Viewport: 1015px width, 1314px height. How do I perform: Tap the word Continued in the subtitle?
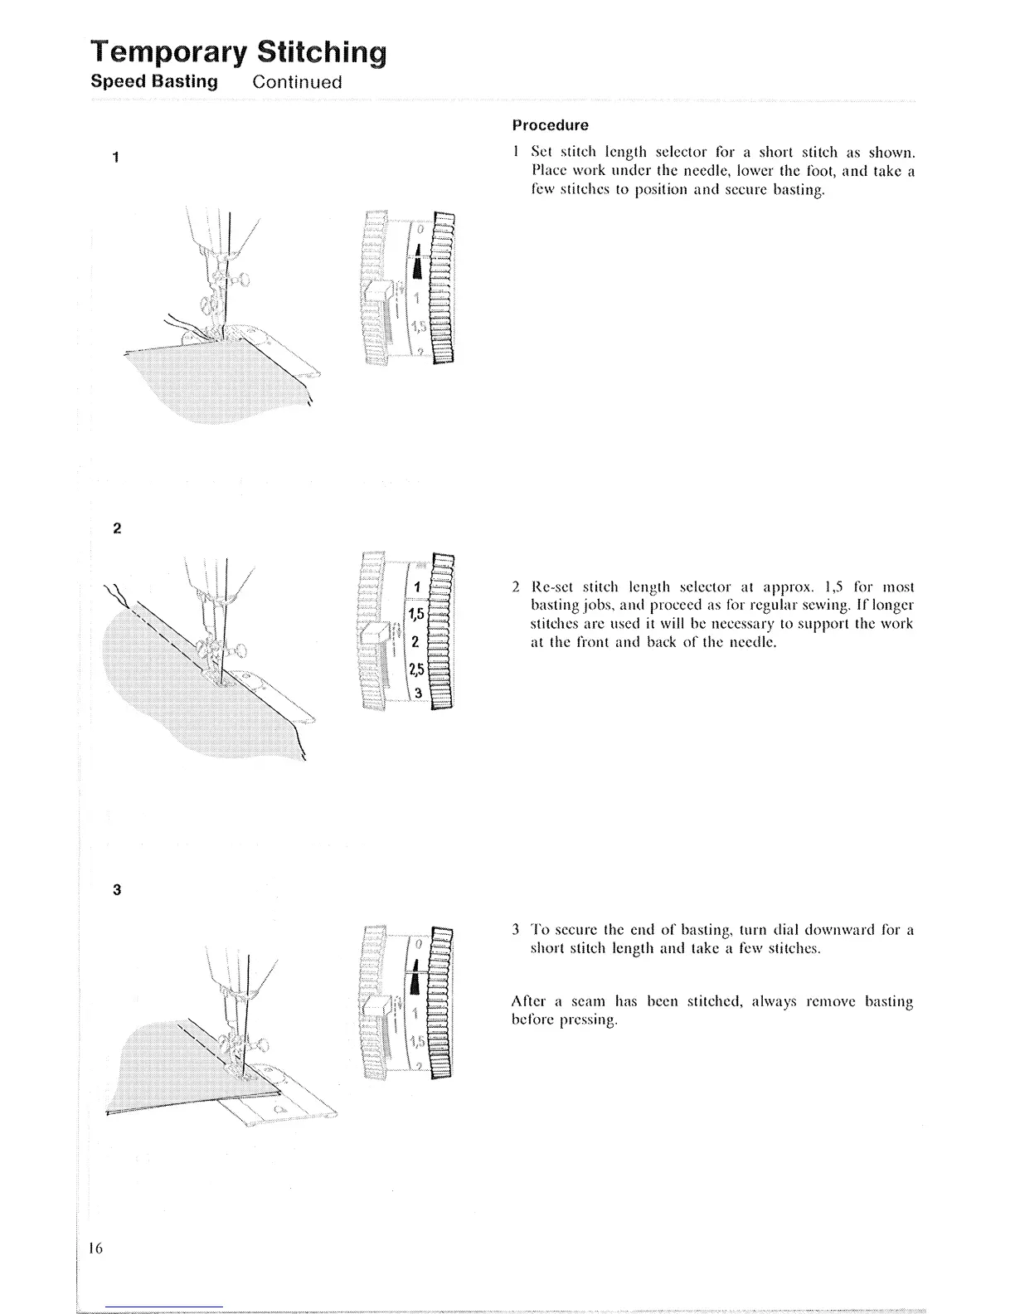[297, 82]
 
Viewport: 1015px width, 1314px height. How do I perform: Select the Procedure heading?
[550, 125]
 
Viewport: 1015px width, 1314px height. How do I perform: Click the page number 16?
[93, 1250]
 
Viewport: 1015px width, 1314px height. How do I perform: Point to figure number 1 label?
[116, 158]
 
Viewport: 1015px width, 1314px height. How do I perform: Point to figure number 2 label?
[116, 528]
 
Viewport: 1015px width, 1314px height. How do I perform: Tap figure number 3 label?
[116, 890]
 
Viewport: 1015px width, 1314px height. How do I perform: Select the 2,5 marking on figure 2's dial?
[416, 669]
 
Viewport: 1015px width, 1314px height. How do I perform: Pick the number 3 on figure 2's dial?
[418, 693]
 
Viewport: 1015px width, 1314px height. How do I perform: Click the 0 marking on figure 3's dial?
[419, 945]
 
